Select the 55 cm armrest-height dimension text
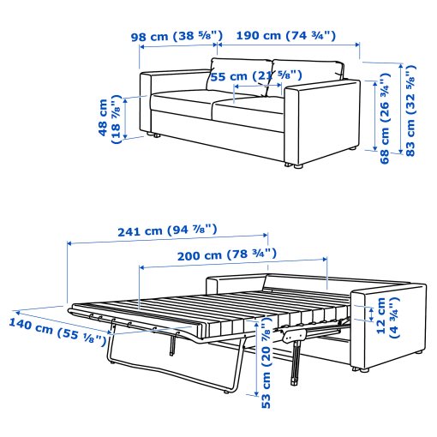pos(256,76)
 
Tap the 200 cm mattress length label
pos(227,254)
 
